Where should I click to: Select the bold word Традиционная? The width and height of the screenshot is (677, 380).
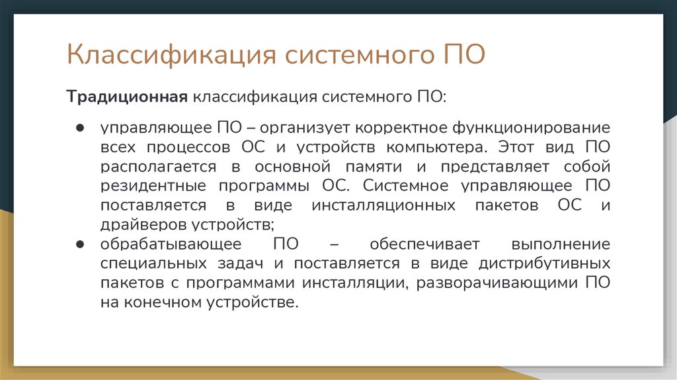[x=126, y=97]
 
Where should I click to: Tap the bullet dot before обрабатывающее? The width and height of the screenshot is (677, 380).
[x=79, y=244]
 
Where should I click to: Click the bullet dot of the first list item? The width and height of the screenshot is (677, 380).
[x=79, y=127]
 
